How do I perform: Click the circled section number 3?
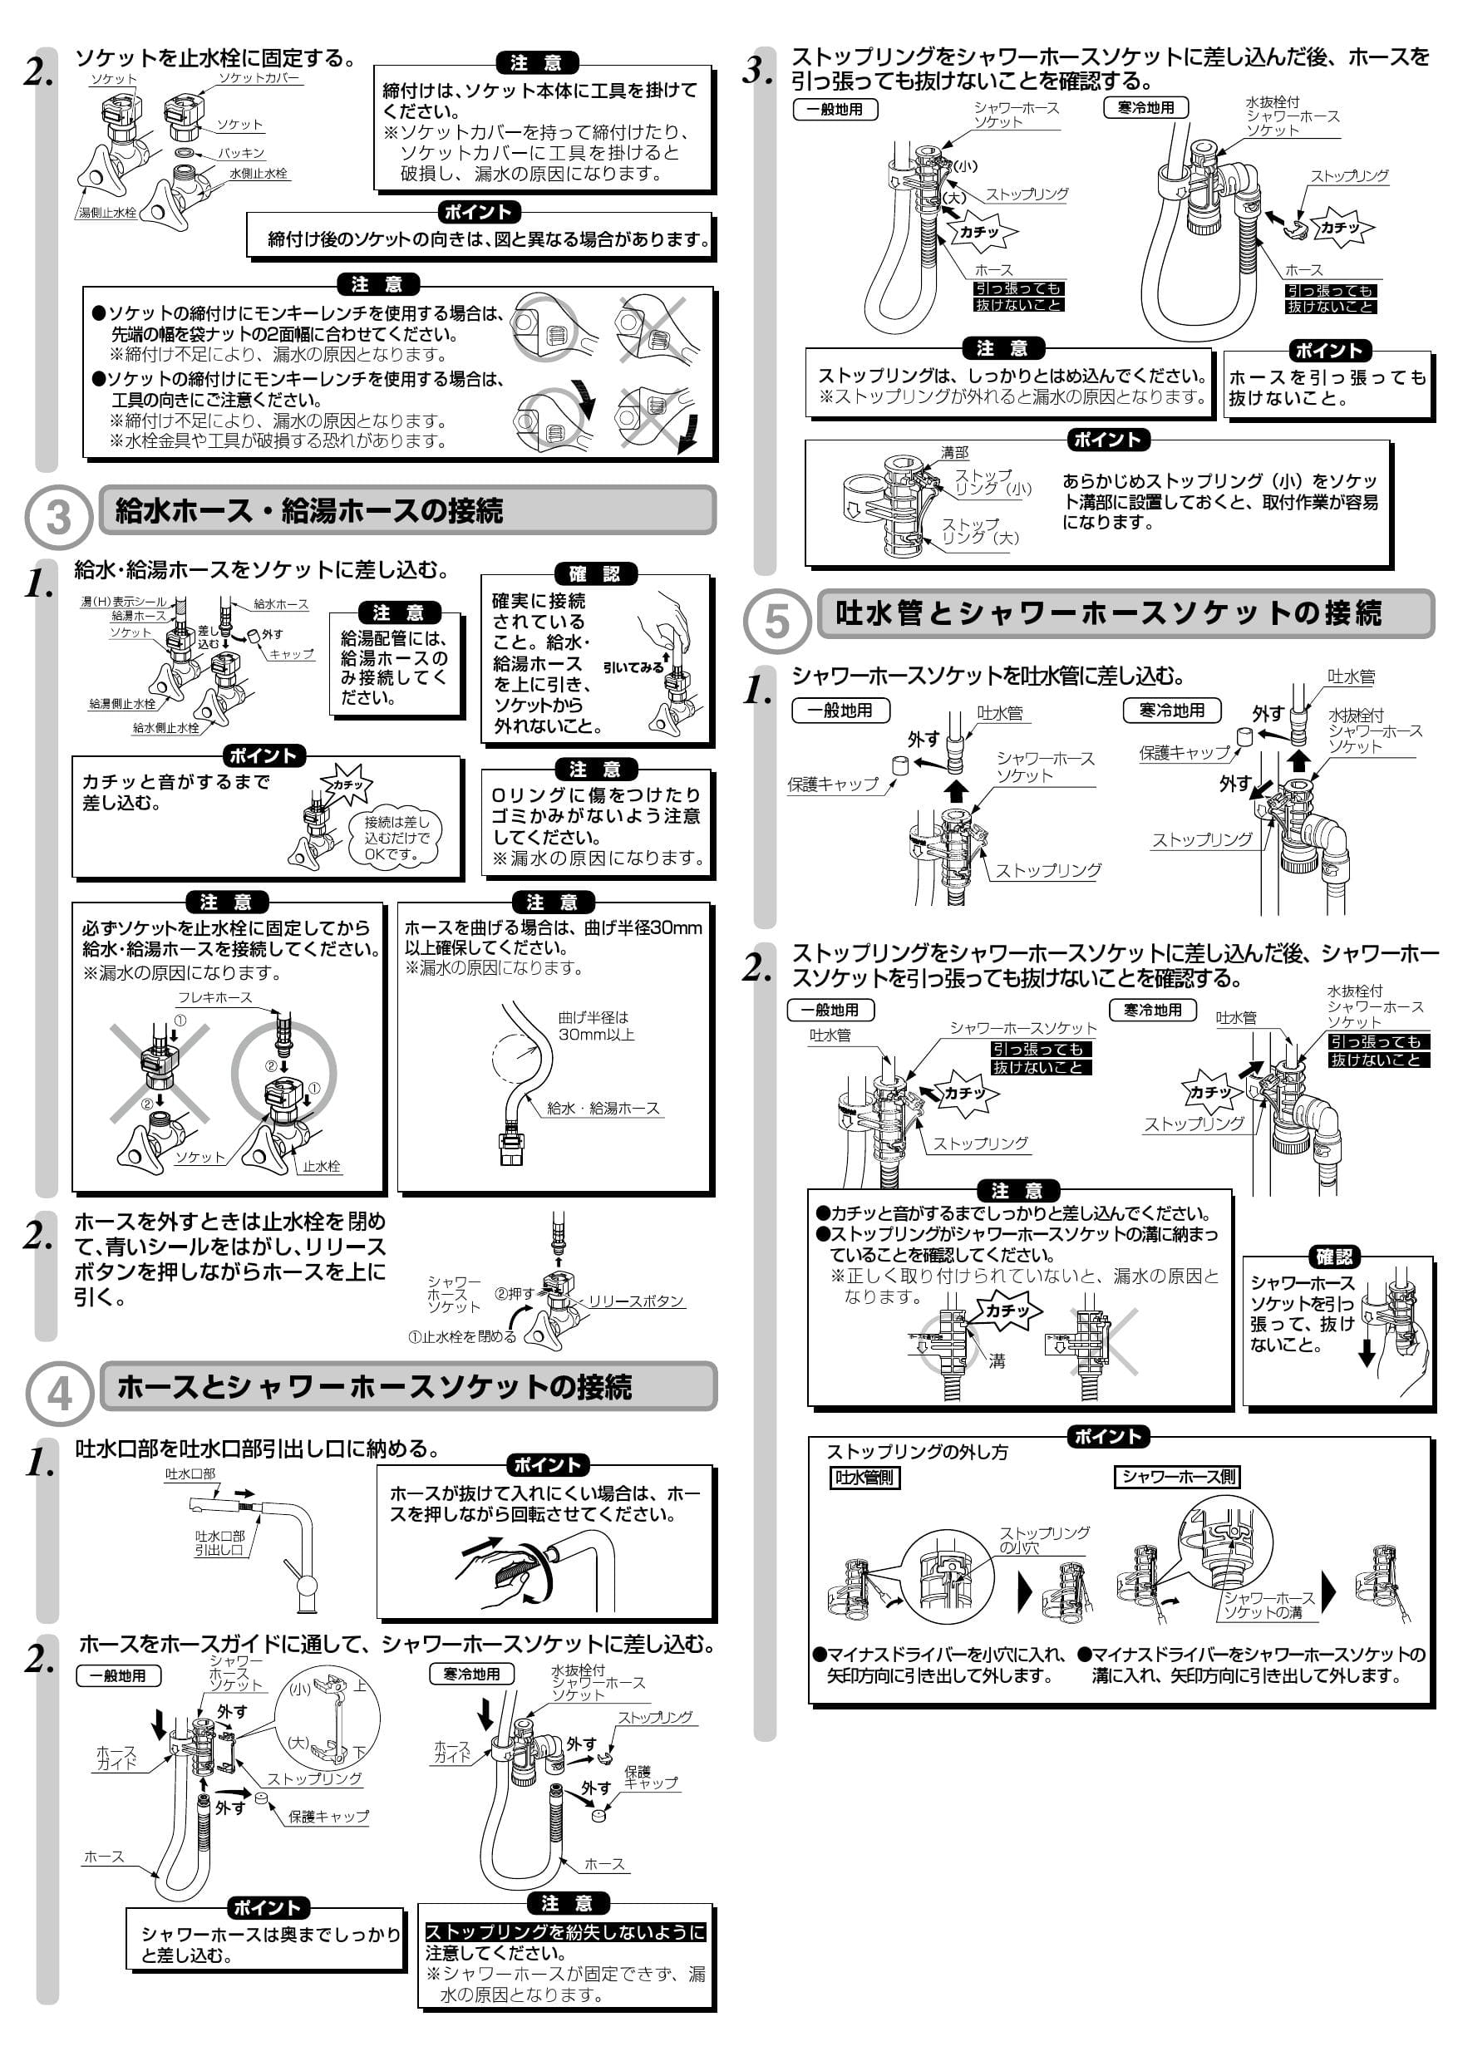coord(57,518)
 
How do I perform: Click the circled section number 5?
coord(776,621)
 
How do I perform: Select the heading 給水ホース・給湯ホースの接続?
coord(309,512)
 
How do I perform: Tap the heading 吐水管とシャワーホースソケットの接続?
coord(1108,614)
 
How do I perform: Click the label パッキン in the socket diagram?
coord(240,154)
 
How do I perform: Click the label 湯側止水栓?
coord(107,213)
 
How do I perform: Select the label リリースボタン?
coord(636,1301)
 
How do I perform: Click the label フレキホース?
coord(214,997)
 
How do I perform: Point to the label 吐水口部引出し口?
coord(219,1543)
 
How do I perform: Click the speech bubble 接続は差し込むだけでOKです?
coord(396,838)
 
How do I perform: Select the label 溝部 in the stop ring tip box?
coord(954,453)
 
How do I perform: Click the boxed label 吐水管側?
coord(864,1478)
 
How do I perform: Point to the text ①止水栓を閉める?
coord(461,1336)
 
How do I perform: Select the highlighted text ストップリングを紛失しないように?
coord(564,1931)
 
